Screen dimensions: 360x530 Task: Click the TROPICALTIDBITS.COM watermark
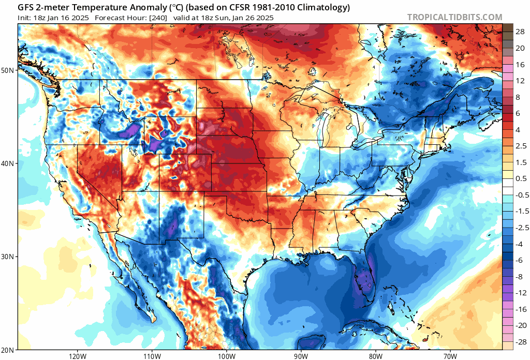click(454, 17)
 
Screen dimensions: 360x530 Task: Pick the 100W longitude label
click(226, 356)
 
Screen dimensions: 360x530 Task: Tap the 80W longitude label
click(376, 356)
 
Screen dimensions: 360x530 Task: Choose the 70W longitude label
click(450, 356)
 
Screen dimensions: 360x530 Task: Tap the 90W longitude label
click(301, 356)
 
